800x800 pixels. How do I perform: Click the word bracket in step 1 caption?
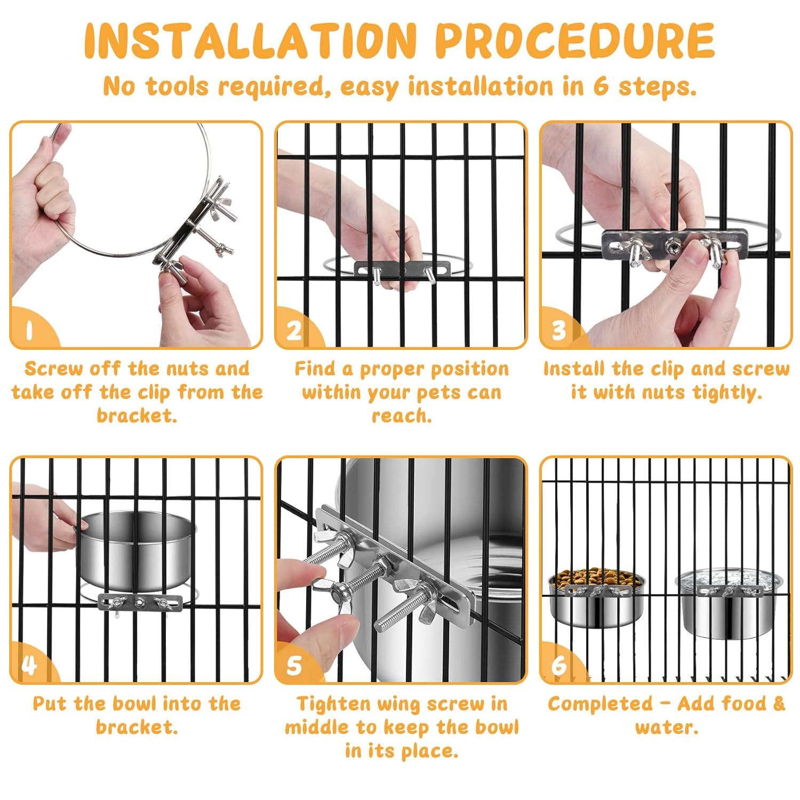click(x=137, y=415)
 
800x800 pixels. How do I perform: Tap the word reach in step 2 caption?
click(x=402, y=415)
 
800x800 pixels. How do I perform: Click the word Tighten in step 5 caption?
click(x=333, y=704)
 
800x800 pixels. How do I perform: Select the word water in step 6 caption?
click(x=667, y=727)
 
